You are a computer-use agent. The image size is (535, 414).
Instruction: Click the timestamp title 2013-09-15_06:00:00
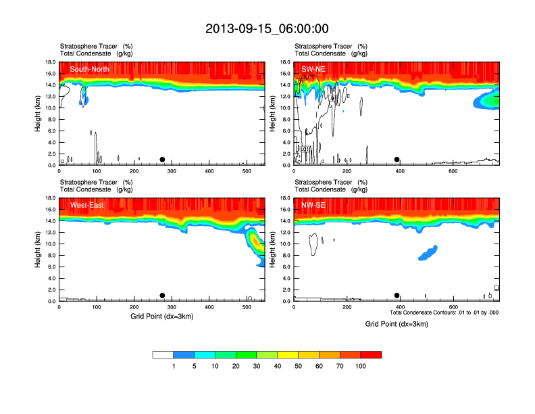(267, 28)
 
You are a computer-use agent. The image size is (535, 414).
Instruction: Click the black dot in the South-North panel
(162, 160)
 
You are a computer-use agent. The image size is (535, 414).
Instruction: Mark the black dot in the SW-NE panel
(397, 160)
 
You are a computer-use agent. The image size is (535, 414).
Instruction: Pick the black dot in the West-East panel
(162, 296)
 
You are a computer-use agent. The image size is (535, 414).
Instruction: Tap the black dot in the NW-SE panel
(397, 296)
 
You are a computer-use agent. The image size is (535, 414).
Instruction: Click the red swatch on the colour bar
(371, 354)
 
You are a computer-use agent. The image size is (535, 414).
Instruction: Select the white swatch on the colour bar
(163, 354)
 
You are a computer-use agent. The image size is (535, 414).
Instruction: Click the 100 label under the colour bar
(361, 366)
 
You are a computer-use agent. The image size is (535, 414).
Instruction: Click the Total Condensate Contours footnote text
(444, 313)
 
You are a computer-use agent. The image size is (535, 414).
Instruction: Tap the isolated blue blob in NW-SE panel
(428, 253)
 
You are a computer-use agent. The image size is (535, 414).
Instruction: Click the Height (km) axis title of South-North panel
(39, 113)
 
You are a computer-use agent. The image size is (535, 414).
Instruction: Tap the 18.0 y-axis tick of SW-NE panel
(285, 62)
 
